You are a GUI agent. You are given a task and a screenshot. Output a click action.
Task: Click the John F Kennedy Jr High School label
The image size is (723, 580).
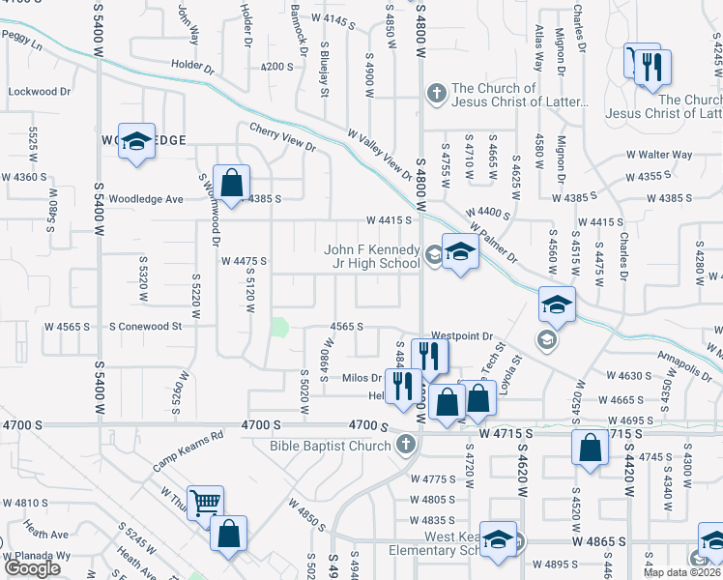pyautogui.click(x=372, y=256)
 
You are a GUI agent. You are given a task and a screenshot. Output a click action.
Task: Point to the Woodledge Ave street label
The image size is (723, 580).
pyautogui.click(x=147, y=199)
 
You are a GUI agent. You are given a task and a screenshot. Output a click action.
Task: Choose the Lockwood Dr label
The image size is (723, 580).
pyautogui.click(x=40, y=92)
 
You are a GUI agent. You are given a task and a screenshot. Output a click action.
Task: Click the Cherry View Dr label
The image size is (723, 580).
pyautogui.click(x=282, y=137)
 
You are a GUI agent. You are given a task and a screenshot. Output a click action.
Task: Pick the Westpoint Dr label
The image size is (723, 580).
pyautogui.click(x=462, y=337)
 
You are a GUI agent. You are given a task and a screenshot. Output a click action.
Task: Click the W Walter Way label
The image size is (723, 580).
pyautogui.click(x=659, y=155)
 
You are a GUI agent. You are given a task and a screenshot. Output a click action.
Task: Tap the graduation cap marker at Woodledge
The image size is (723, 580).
pyautogui.click(x=137, y=141)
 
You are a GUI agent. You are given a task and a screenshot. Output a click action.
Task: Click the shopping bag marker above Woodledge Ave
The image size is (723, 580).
pyautogui.click(x=232, y=182)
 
